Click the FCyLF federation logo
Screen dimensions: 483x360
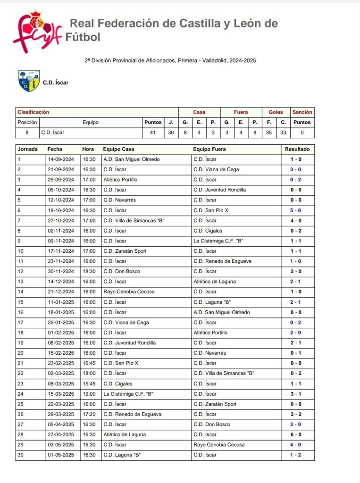click(x=37, y=32)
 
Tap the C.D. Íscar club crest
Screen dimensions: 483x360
click(x=29, y=81)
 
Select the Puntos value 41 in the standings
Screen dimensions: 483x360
click(x=152, y=133)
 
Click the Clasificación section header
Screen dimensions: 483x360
click(x=33, y=112)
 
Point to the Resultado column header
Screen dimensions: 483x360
click(x=297, y=149)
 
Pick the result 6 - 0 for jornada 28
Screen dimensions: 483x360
click(x=296, y=434)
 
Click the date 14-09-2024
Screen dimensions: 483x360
click(x=60, y=159)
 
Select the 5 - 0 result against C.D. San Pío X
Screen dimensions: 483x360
click(x=296, y=210)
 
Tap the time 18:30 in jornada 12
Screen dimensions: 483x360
click(x=89, y=272)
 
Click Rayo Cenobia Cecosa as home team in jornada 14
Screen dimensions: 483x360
click(x=129, y=292)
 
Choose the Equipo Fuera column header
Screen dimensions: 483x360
click(x=209, y=149)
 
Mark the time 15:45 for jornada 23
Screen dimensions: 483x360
click(x=89, y=383)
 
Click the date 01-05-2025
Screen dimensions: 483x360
click(x=60, y=455)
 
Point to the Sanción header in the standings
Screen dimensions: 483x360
click(x=302, y=112)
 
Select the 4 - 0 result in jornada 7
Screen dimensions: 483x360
click(x=296, y=221)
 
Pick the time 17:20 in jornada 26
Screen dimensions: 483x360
click(x=89, y=414)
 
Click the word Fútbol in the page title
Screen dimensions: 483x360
click(x=83, y=37)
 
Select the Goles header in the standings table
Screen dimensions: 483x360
click(x=276, y=112)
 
